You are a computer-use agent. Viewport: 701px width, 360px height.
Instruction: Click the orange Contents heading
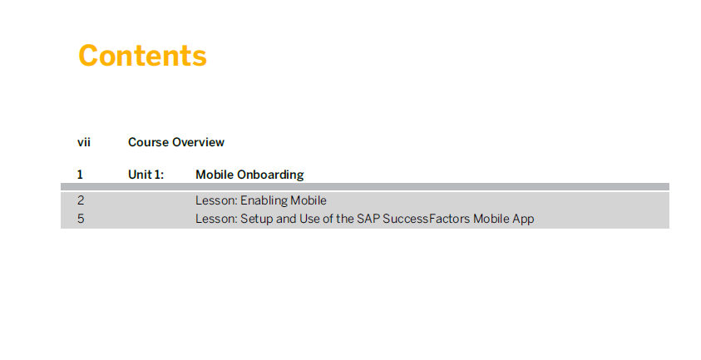pos(143,56)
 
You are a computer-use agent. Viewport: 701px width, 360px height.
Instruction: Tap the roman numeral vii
pos(84,142)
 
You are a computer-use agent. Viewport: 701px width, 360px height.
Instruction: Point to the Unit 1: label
pos(146,175)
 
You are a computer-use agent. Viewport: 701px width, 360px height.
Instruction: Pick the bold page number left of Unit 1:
pos(80,175)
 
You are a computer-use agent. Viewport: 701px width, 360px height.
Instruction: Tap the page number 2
pos(81,200)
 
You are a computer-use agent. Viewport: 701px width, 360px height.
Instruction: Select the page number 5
pos(81,219)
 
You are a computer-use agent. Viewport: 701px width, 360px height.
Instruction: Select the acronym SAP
pos(368,219)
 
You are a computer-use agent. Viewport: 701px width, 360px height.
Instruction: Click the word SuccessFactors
pos(427,219)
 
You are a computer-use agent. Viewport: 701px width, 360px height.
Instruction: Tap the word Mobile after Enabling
pos(309,200)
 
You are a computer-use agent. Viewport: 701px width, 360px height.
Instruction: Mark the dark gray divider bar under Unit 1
pos(365,186)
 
